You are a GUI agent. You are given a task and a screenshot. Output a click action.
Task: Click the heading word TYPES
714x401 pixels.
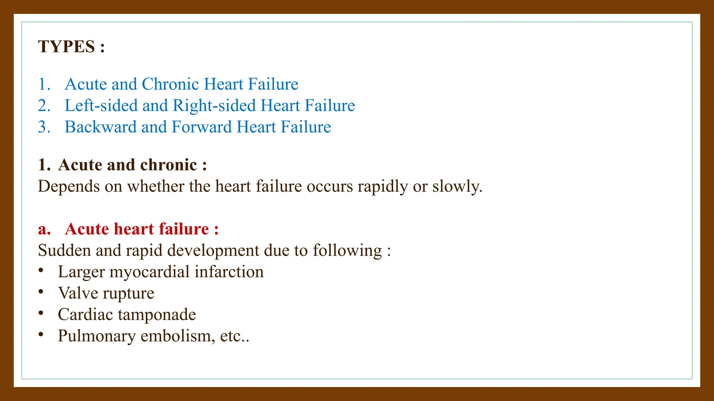66,47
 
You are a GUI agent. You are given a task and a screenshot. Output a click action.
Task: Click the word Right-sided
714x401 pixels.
214,105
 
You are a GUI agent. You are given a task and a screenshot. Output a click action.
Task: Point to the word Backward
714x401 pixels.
100,127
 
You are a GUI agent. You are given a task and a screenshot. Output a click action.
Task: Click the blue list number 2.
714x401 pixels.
44,105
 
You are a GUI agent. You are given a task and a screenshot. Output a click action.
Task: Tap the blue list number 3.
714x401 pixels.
44,127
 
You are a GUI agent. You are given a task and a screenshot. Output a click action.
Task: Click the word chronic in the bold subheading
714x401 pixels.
168,165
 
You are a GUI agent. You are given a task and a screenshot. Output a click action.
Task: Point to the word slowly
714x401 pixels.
457,187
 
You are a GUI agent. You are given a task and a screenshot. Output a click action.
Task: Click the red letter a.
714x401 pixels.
44,229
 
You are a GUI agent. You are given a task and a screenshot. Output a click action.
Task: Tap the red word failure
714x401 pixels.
184,229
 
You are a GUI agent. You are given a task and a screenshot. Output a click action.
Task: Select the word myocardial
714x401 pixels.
150,272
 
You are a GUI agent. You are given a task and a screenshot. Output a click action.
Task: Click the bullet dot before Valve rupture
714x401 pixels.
41,291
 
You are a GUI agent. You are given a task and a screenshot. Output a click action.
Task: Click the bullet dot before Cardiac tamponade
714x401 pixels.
41,313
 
